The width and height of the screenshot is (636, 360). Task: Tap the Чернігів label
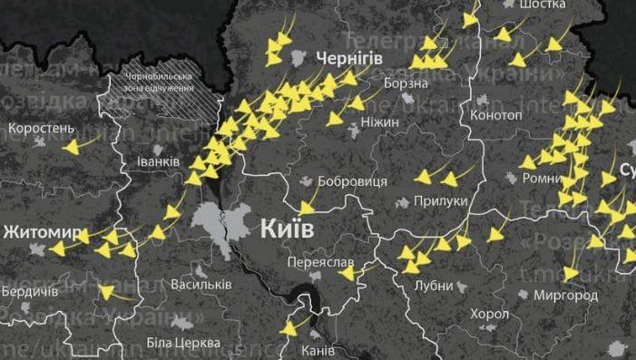tap(349, 58)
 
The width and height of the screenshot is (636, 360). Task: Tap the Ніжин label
tap(378, 118)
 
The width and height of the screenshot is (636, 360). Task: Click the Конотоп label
tap(496, 116)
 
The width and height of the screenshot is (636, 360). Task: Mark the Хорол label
tap(490, 314)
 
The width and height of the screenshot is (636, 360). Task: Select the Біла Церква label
tap(182, 344)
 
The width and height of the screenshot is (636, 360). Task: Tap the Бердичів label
tap(29, 292)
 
